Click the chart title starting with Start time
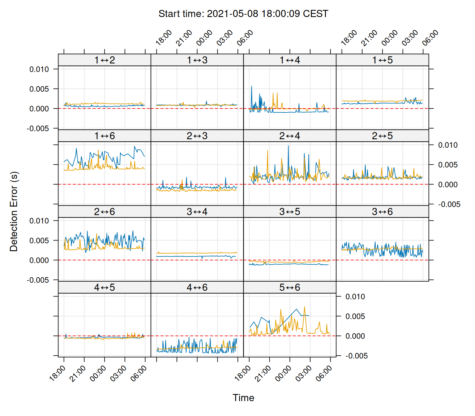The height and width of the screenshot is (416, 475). tap(243, 14)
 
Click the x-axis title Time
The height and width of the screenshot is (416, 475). tap(243, 398)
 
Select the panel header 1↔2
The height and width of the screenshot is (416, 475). tap(105, 60)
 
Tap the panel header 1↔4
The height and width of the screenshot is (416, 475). tap(290, 60)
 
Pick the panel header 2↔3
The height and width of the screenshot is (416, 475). tap(197, 136)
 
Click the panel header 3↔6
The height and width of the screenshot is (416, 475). tap(382, 212)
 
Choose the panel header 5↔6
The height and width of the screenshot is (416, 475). tap(290, 288)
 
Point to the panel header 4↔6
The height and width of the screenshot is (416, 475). tap(197, 288)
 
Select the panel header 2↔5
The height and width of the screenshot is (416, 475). tap(382, 136)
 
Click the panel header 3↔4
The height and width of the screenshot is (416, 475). tap(197, 212)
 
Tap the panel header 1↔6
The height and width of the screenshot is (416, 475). tap(105, 136)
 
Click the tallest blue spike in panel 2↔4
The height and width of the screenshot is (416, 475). tap(289, 146)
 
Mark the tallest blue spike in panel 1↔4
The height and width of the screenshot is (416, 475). tap(252, 87)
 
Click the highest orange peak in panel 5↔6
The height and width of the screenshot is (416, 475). tap(305, 307)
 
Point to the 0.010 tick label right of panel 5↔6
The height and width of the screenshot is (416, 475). tap(355, 297)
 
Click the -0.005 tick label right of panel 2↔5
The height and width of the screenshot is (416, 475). tap(449, 205)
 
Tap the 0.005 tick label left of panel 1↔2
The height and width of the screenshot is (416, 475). tap(39, 89)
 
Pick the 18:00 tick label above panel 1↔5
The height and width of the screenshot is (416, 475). tap(349, 38)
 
